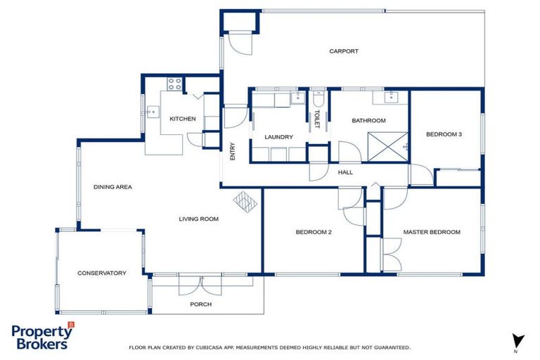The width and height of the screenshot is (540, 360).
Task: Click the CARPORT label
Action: pyautogui.click(x=344, y=51)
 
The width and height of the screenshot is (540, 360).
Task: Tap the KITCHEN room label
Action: pyautogui.click(x=182, y=119)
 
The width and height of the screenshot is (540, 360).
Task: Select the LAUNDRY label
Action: pyautogui.click(x=278, y=137)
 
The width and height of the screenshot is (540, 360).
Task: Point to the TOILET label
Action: pyautogui.click(x=317, y=119)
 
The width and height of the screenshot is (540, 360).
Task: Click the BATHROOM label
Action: pyautogui.click(x=368, y=121)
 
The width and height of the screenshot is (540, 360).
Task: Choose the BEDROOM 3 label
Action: pyautogui.click(x=444, y=134)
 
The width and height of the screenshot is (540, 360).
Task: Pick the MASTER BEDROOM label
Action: pyautogui.click(x=431, y=232)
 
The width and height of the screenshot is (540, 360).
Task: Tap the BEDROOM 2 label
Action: pyautogui.click(x=313, y=232)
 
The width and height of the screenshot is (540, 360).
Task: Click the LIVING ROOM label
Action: pyautogui.click(x=198, y=219)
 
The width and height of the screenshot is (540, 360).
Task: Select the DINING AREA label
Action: pyautogui.click(x=113, y=187)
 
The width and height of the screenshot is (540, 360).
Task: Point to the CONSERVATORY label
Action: pyautogui.click(x=102, y=273)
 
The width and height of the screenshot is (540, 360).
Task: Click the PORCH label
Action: pyautogui.click(x=200, y=304)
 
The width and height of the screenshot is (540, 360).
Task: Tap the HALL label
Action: pyautogui.click(x=345, y=172)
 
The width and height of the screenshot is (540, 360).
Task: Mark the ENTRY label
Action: pyautogui.click(x=232, y=152)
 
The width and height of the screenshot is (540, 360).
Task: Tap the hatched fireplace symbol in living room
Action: pyautogui.click(x=246, y=202)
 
